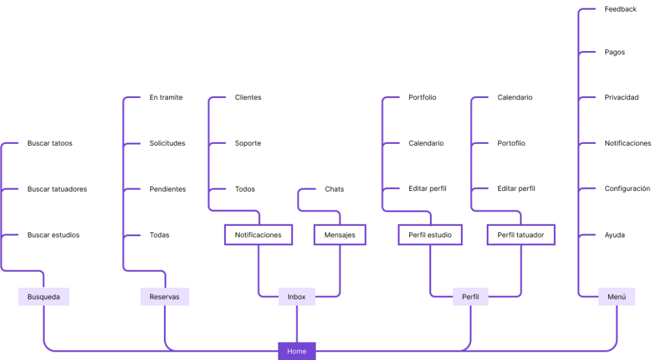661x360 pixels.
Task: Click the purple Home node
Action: pos(297,351)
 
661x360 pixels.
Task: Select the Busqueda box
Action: pos(43,297)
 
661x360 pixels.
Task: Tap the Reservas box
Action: pos(165,297)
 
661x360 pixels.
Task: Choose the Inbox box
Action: pos(297,297)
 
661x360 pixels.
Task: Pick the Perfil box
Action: pos(470,297)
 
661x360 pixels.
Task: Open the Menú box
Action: pos(616,297)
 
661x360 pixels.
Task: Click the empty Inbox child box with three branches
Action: pos(258,235)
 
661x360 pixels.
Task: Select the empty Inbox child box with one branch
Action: pos(340,235)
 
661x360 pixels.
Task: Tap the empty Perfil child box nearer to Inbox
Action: pos(430,235)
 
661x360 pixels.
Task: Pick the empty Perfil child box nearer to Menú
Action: pos(521,235)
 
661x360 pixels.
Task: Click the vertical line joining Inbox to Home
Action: pos(297,323)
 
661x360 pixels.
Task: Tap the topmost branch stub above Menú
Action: pos(587,9)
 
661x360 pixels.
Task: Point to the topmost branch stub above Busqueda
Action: pos(10,143)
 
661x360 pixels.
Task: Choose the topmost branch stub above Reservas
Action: pos(132,97)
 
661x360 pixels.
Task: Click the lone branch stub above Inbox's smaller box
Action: pos(307,190)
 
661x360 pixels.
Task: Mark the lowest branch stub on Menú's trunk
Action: pos(587,235)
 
